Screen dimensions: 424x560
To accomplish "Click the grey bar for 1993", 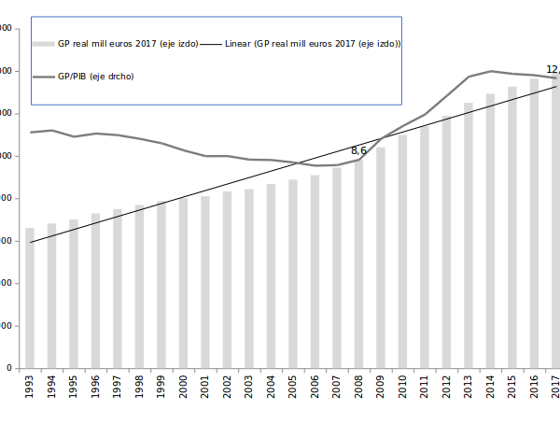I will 30,298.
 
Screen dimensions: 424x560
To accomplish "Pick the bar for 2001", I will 205,281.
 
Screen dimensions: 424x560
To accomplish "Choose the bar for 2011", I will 425,247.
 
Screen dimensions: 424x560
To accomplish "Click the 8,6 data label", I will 358,150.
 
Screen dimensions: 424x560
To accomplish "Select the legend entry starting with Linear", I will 313,43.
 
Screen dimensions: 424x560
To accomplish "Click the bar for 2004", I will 271,276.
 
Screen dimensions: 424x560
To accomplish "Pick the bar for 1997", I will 118,289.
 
